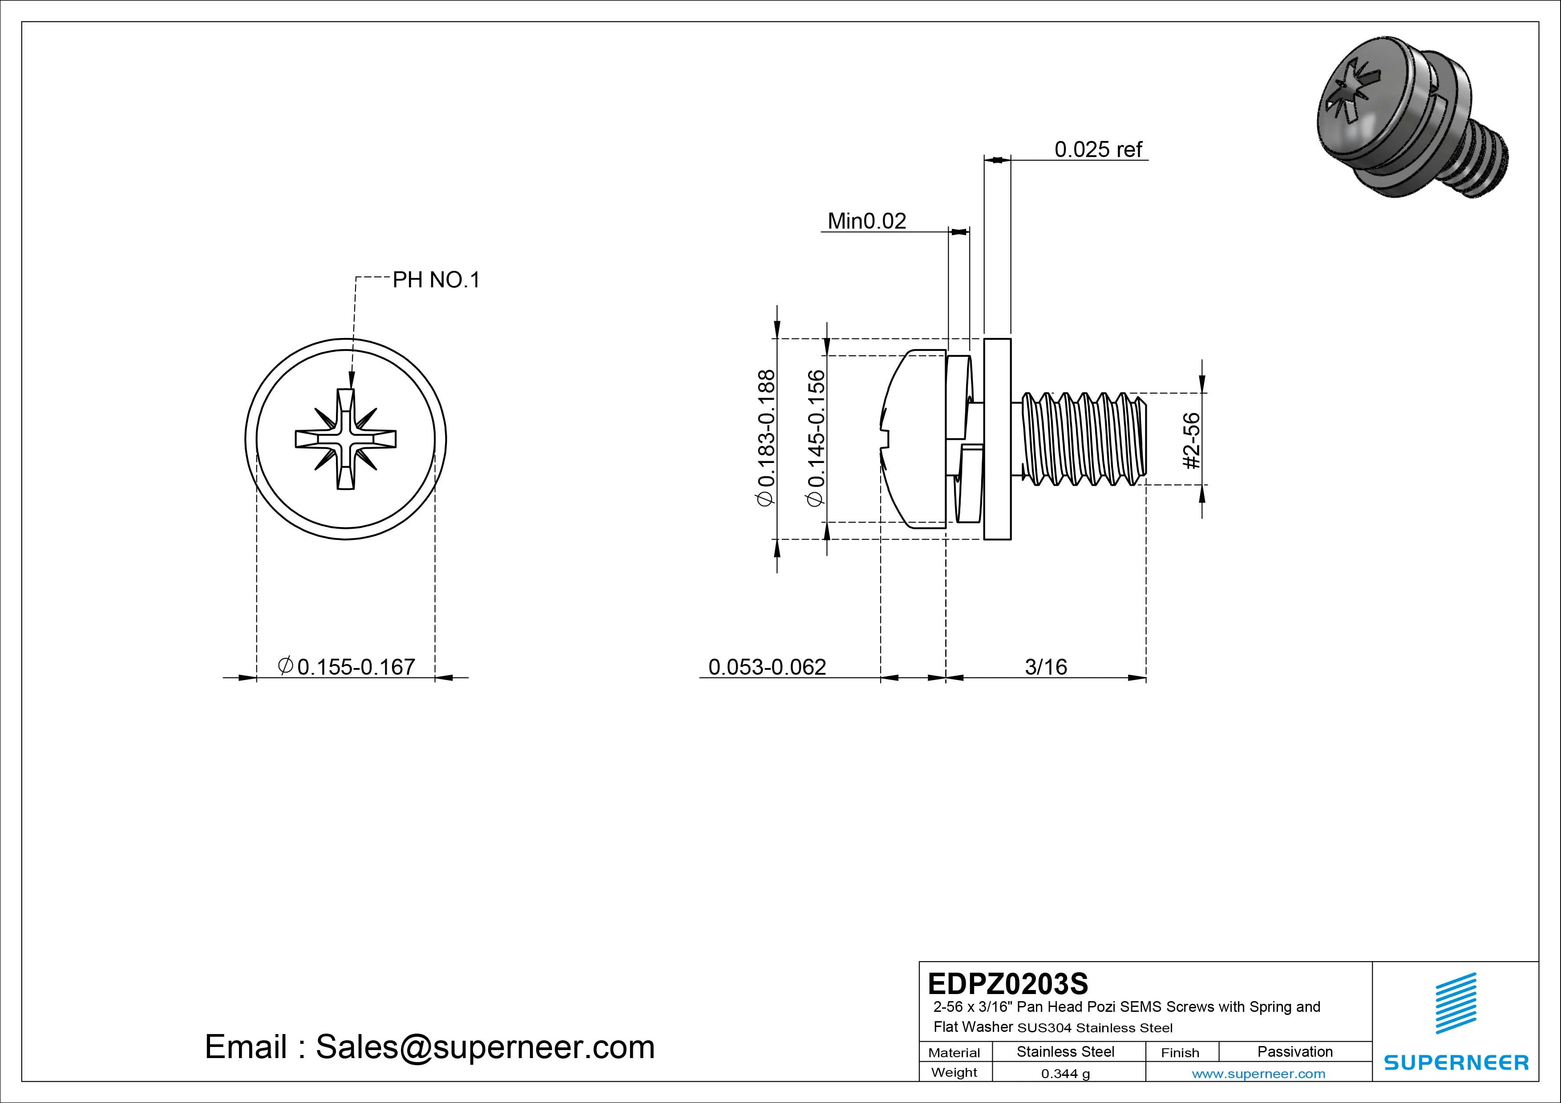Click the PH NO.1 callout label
pos(436,280)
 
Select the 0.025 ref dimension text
pos(1098,149)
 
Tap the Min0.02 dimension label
pos(866,221)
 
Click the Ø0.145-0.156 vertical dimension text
pos(815,438)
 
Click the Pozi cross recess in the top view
pos(345,439)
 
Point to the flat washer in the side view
pos(997,439)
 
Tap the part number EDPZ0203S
pos(1007,983)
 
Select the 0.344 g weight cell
pos(1065,1074)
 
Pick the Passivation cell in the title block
pos(1294,1051)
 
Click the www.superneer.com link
pos(1258,1074)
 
